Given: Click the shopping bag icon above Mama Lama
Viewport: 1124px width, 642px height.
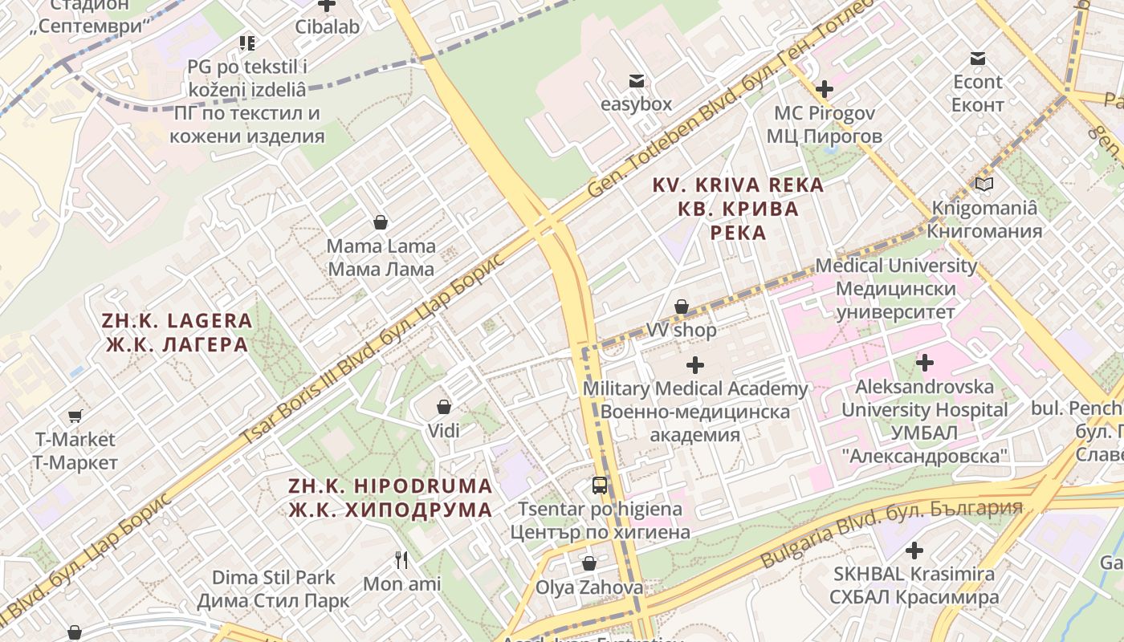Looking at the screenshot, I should tap(381, 222).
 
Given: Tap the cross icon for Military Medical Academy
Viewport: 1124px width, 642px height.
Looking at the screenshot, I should tap(695, 366).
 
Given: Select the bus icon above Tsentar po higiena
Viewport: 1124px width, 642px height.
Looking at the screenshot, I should tap(600, 486).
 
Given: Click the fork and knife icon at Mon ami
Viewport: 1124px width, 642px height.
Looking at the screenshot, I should tap(401, 559).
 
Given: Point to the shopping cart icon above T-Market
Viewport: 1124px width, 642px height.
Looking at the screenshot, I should tap(75, 416).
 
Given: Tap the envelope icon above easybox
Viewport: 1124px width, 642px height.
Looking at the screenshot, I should tap(637, 81).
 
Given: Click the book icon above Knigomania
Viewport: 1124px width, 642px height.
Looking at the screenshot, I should tap(984, 185).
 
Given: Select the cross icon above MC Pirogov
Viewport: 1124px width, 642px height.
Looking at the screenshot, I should tap(825, 89).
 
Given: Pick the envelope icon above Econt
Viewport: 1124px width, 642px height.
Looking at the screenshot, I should tap(978, 59).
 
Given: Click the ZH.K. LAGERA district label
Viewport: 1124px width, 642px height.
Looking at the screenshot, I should tap(177, 333).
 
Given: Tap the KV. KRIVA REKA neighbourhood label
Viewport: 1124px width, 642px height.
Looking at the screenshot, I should tap(738, 209).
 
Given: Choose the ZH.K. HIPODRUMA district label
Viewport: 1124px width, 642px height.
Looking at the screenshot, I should tap(390, 498).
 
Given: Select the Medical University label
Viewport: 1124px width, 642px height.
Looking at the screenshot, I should tap(896, 288).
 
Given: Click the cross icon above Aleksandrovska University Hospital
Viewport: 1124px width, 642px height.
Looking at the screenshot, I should tap(925, 363).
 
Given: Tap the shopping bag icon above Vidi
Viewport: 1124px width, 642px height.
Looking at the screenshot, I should tap(443, 408).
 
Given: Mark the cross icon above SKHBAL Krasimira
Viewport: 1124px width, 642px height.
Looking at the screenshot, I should tap(914, 551).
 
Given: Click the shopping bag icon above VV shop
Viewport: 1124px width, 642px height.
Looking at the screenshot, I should tap(682, 307).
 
